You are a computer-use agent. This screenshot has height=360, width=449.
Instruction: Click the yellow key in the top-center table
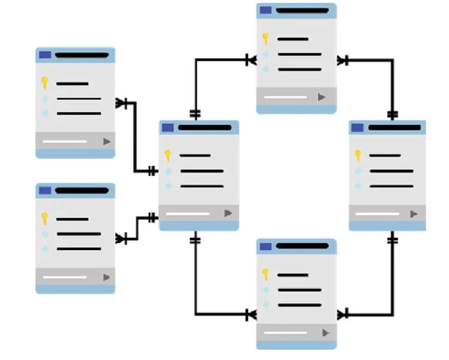[265, 39]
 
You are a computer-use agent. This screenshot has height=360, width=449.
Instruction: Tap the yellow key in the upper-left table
[45, 83]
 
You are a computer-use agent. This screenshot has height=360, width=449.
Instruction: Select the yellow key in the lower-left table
[45, 218]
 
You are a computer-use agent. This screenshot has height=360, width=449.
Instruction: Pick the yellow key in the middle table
[168, 155]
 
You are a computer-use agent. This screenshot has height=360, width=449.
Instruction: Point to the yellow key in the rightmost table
[358, 155]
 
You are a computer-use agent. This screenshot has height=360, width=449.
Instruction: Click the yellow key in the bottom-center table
[265, 275]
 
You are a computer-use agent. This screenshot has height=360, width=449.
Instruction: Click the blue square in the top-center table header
[266, 10]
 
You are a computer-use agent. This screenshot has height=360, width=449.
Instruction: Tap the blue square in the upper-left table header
[45, 55]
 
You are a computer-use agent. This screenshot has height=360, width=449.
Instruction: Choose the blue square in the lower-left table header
[45, 190]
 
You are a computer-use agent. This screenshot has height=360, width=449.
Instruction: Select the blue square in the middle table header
[168, 128]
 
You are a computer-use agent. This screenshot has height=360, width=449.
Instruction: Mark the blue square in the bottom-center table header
[266, 246]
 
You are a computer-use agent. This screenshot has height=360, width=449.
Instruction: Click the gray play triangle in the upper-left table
[106, 141]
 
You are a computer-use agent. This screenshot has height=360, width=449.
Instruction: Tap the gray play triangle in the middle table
[228, 213]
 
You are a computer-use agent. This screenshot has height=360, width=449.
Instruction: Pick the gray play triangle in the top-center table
[322, 97]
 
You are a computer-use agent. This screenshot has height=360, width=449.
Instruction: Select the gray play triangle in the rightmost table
[414, 214]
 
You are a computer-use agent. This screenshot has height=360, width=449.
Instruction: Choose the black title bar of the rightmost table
[394, 128]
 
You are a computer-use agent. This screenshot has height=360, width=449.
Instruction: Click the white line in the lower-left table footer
[65, 277]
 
